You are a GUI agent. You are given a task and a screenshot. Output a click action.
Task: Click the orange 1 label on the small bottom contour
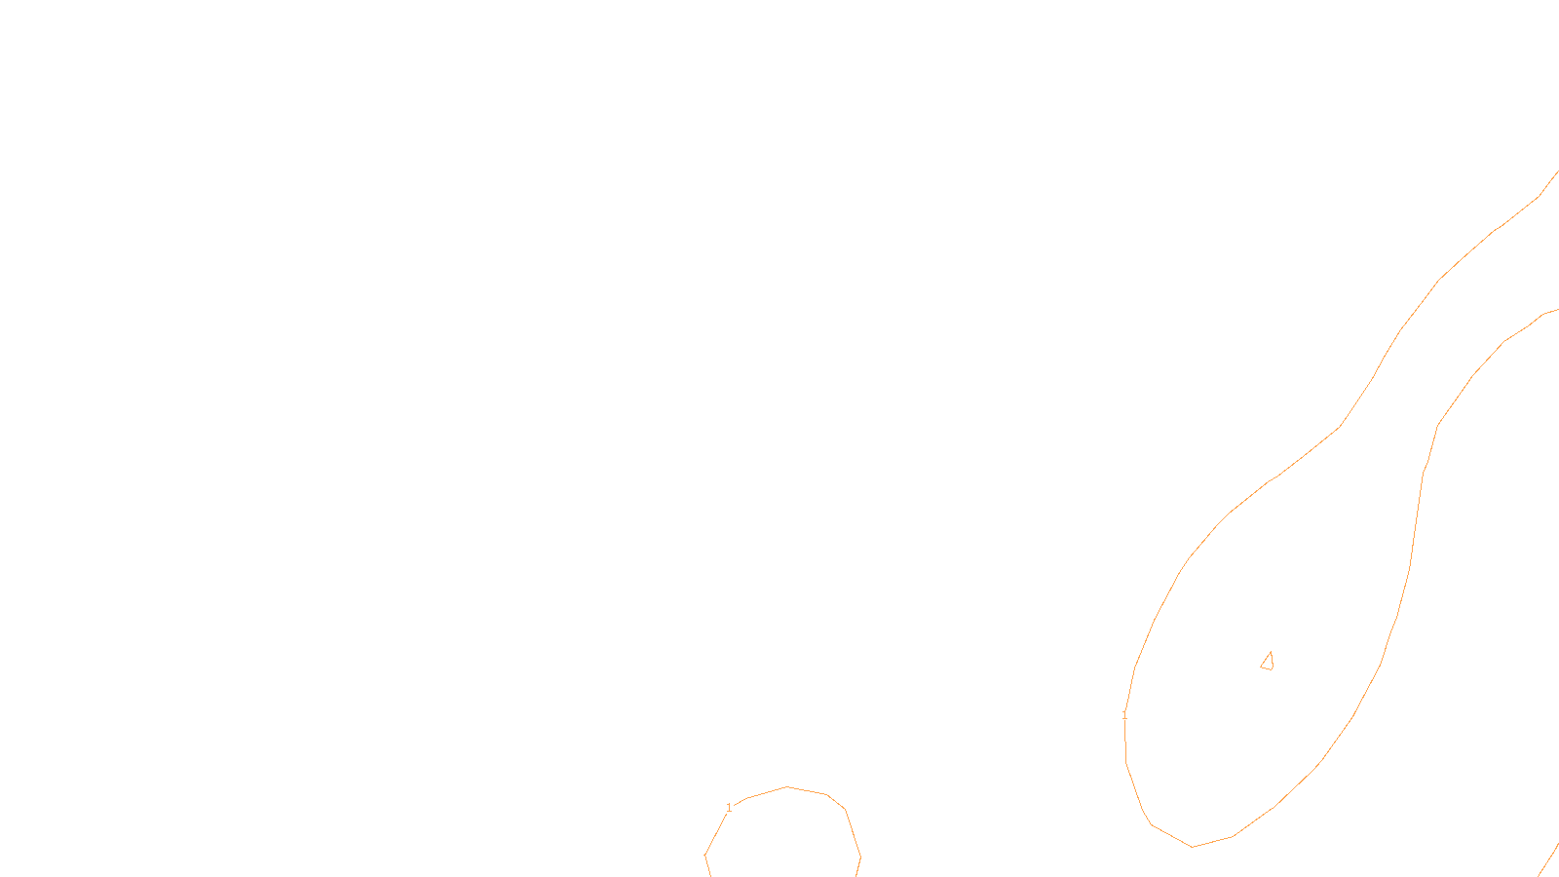point(729,808)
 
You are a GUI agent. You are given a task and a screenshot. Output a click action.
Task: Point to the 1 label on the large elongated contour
point(1124,715)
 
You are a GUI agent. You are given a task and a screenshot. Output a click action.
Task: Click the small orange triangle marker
point(1268,662)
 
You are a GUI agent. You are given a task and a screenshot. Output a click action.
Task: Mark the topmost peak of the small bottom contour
point(787,786)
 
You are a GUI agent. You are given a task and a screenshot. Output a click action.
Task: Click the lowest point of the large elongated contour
point(1193,847)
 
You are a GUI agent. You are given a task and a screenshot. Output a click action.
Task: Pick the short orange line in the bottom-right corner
point(1548,860)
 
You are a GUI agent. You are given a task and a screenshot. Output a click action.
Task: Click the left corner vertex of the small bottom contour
point(704,856)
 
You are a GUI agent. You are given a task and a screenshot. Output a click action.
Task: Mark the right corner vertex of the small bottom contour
point(860,858)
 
